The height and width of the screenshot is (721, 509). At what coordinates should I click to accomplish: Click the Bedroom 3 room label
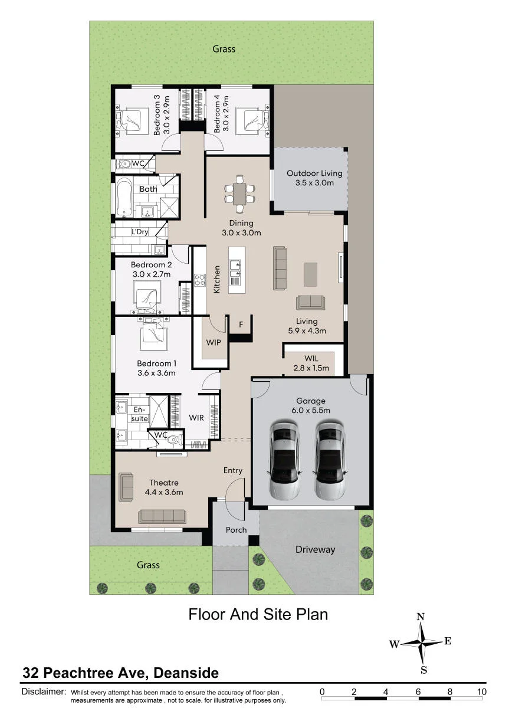[x=157, y=114]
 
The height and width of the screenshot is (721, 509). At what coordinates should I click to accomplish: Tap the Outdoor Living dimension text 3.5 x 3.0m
[x=314, y=183]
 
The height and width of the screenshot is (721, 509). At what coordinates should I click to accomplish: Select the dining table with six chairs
[x=239, y=194]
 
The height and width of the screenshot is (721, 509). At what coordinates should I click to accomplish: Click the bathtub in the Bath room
[x=124, y=197]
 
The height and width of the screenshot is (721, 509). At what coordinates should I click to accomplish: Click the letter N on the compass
[x=421, y=617]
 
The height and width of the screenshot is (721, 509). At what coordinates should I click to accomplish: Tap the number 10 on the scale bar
[x=481, y=691]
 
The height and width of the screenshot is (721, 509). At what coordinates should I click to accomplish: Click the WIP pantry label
[x=214, y=342]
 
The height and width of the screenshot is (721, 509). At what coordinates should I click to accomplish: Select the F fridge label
[x=241, y=325]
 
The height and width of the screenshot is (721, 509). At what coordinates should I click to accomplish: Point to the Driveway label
[x=316, y=549]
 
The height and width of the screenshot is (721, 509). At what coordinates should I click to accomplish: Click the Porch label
[x=236, y=530]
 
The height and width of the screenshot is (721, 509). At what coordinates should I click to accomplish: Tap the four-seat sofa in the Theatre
[x=162, y=516]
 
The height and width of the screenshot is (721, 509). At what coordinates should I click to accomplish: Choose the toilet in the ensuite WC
[x=176, y=438]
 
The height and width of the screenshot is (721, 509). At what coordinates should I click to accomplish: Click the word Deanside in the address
[x=186, y=673]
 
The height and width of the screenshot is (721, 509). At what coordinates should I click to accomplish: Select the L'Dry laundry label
[x=140, y=232]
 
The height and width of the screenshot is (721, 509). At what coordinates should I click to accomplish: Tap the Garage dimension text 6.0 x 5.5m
[x=311, y=411]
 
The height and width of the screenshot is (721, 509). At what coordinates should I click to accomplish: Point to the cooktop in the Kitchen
[x=199, y=280]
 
